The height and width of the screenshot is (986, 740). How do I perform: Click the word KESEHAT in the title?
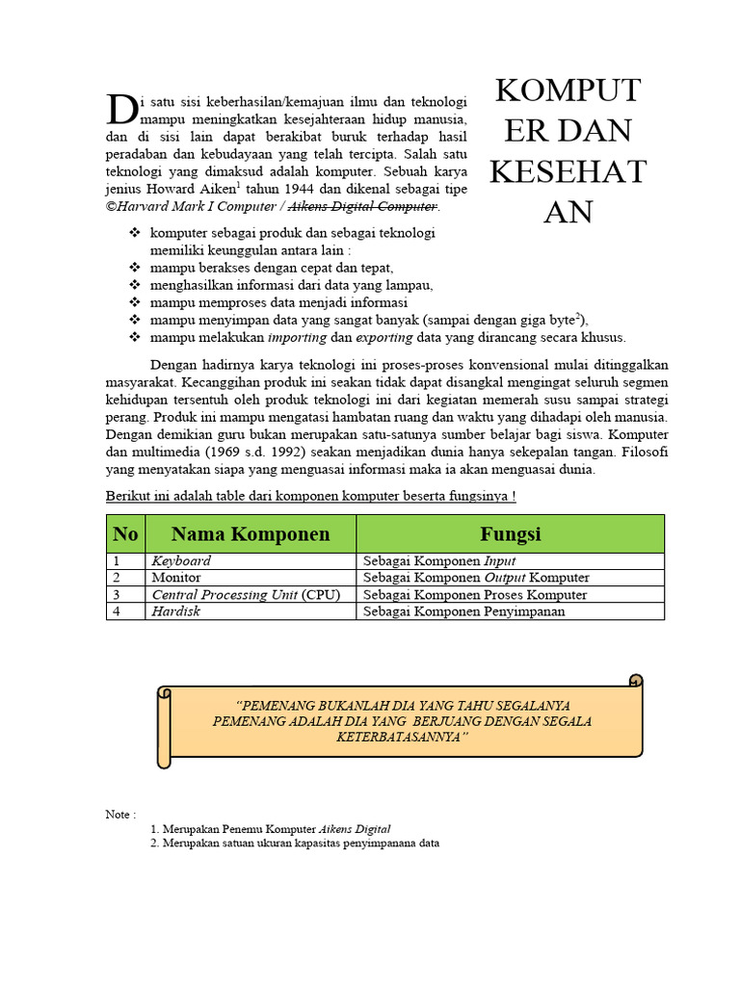[x=568, y=170]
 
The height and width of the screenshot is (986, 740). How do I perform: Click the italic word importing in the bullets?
[x=298, y=337]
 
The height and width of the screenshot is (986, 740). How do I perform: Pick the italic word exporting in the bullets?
[x=384, y=337]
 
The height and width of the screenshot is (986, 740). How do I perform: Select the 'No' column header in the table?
[x=125, y=533]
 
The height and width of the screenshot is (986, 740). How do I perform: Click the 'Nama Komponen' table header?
[x=251, y=533]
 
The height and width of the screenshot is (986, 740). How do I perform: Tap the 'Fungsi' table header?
[x=510, y=533]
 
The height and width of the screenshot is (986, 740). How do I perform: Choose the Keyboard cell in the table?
[x=181, y=561]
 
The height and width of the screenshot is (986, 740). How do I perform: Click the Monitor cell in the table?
[x=176, y=578]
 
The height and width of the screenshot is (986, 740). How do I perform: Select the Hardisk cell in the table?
[x=175, y=611]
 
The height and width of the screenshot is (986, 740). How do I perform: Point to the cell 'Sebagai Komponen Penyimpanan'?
[x=464, y=611]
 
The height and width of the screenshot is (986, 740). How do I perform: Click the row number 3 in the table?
[x=116, y=595]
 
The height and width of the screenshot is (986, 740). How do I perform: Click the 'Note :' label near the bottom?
[x=120, y=815]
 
